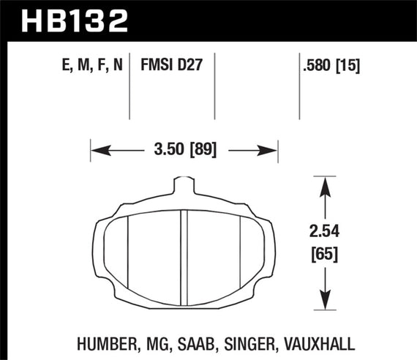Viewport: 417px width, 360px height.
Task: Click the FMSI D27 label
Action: click(x=170, y=65)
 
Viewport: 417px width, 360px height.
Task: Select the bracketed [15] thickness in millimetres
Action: click(x=349, y=65)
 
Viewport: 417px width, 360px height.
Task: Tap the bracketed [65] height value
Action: click(x=322, y=255)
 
